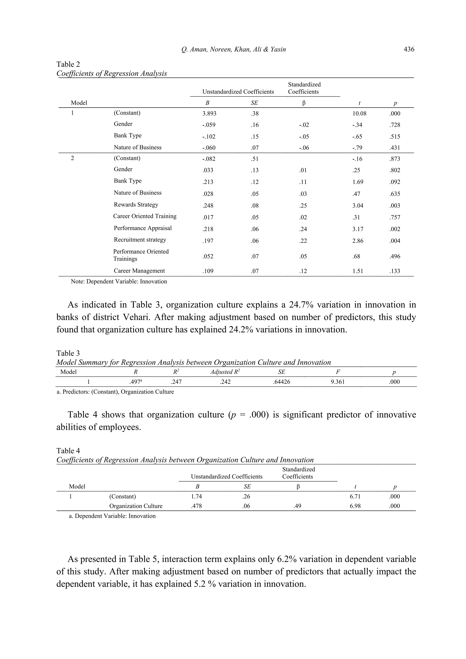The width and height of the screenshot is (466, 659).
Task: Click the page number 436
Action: coord(409,49)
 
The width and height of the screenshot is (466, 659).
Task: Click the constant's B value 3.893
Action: coord(209,113)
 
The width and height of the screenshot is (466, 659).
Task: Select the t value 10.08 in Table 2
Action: coord(359,113)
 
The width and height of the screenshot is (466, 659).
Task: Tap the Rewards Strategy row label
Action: coord(136,205)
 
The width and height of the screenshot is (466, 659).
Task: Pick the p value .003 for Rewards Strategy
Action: coord(395,205)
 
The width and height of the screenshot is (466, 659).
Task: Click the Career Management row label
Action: coord(139,271)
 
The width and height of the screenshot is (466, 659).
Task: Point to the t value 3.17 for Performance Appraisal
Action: coord(357,229)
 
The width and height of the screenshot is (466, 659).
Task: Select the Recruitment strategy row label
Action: coord(140,240)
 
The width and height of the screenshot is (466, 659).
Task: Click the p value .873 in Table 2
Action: coord(395,159)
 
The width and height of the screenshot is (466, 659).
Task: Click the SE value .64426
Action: coord(281,382)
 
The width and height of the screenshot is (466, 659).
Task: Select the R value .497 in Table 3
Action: coord(135,382)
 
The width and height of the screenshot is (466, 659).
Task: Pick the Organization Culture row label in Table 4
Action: coord(136,506)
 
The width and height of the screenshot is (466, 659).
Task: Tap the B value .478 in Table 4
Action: coord(196,506)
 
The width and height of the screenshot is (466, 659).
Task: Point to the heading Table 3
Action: coord(68,353)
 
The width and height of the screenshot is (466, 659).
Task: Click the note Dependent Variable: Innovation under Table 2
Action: coord(119,282)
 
